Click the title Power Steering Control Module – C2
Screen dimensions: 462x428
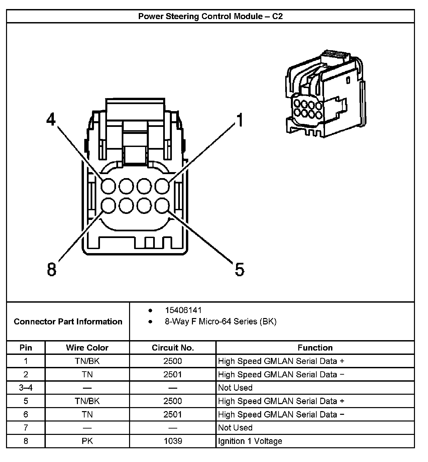(210, 16)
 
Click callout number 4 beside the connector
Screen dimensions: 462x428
(51, 119)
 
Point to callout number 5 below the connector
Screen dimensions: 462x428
(239, 269)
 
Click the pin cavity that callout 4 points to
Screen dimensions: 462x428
(108, 186)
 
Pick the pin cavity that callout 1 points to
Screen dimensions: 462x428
(162, 186)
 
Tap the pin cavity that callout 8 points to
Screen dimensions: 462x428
(108, 206)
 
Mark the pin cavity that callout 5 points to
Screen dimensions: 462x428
(162, 206)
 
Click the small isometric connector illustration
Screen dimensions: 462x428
(324, 95)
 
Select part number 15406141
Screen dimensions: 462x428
(183, 310)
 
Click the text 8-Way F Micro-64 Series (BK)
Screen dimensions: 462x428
(220, 322)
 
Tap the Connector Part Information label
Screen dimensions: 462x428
(68, 322)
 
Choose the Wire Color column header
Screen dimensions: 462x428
(87, 348)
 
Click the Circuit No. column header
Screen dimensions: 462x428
(173, 348)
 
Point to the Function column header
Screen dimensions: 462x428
(315, 348)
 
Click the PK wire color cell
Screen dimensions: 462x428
(87, 441)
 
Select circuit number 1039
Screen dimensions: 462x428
(173, 441)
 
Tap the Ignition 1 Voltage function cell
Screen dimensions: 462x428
(250, 441)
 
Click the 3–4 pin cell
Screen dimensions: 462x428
(26, 388)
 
